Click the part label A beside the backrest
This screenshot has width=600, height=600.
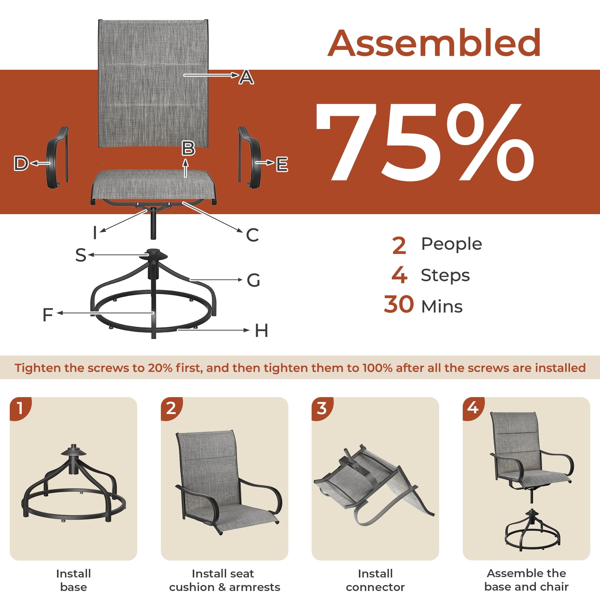pyautogui.click(x=246, y=77)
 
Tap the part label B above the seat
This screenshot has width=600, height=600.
pyautogui.click(x=188, y=148)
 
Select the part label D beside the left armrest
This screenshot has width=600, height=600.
pyautogui.click(x=21, y=163)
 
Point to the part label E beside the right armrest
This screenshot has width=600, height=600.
pyautogui.click(x=282, y=164)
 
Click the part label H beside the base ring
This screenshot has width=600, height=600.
pyautogui.click(x=261, y=331)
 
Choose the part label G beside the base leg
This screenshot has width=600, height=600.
pyautogui.click(x=253, y=280)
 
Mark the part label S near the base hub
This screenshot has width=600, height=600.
pyautogui.click(x=81, y=255)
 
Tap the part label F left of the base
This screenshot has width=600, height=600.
pyautogui.click(x=48, y=315)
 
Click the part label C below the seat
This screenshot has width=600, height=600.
pyautogui.click(x=252, y=235)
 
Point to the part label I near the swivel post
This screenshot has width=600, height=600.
pyautogui.click(x=95, y=232)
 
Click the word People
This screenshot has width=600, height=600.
pyautogui.click(x=451, y=244)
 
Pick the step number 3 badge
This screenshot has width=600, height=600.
pyautogui.click(x=322, y=408)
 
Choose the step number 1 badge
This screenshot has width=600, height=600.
pyautogui.click(x=20, y=408)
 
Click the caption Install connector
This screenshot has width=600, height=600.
pyautogui.click(x=375, y=580)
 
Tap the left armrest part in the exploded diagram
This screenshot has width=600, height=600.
pyautogui.click(x=57, y=157)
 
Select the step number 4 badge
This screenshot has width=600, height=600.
pyautogui.click(x=473, y=408)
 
